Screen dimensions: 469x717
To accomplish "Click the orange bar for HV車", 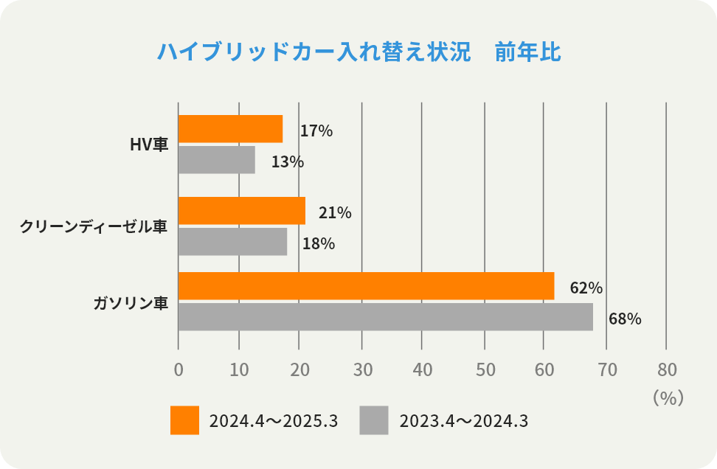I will tap(230, 129).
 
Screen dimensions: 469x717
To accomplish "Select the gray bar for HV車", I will tap(217, 160).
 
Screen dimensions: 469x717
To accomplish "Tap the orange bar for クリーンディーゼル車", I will tap(242, 211).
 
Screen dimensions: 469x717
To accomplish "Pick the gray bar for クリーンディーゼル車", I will tap(232, 242).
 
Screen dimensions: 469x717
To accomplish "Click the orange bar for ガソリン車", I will tap(366, 286).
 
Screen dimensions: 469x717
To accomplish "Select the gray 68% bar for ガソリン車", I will tap(385, 317).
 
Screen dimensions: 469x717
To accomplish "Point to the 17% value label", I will tap(316, 131).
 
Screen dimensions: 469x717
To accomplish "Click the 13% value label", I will tap(287, 162).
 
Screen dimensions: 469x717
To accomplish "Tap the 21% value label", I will tap(335, 213).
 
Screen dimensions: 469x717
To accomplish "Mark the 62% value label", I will tap(586, 288).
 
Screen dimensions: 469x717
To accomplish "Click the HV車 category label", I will tap(149, 145).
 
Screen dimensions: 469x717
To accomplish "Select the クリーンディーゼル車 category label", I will tap(94, 227).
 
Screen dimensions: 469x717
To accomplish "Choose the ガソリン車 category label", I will tap(131, 302).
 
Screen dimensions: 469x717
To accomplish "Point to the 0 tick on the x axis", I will tap(179, 369).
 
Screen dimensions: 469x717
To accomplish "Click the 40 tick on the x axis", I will tap(422, 369).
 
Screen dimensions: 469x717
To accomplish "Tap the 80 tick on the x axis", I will tap(666, 369).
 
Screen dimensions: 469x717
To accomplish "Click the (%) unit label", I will tap(668, 398).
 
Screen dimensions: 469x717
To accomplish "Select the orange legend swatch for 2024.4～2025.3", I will tap(184, 420).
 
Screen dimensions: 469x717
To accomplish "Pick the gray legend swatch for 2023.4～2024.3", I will tap(374, 420).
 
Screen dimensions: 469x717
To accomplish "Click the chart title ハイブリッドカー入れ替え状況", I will tap(314, 52).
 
